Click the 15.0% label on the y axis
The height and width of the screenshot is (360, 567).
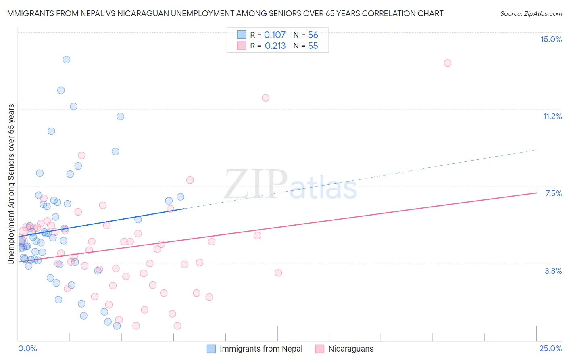(x=551, y=39)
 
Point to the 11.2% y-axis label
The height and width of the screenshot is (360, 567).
(x=552, y=116)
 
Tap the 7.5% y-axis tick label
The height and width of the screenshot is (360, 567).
(x=553, y=193)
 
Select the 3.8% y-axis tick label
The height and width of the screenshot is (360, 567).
(x=553, y=271)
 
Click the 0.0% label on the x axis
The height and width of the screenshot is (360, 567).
(x=27, y=348)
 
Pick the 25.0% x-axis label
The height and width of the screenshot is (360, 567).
(x=550, y=348)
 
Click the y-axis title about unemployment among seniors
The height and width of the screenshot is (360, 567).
(x=11, y=184)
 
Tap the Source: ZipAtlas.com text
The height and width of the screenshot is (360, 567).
(x=531, y=13)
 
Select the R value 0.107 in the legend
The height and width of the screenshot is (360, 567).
(x=275, y=35)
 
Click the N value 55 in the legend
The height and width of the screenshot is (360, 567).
(x=313, y=46)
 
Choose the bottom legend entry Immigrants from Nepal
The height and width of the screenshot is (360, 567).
(x=261, y=349)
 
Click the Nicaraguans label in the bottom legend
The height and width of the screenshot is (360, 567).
(x=351, y=349)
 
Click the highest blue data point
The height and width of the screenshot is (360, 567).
(x=67, y=59)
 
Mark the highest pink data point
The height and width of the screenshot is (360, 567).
(x=447, y=63)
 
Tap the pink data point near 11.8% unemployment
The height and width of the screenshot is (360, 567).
(x=265, y=98)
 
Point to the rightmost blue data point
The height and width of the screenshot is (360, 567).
(x=180, y=197)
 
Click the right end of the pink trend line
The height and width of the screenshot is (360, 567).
(x=536, y=193)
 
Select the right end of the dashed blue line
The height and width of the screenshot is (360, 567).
(x=536, y=150)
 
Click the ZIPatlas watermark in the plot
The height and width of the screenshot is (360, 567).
(x=290, y=185)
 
